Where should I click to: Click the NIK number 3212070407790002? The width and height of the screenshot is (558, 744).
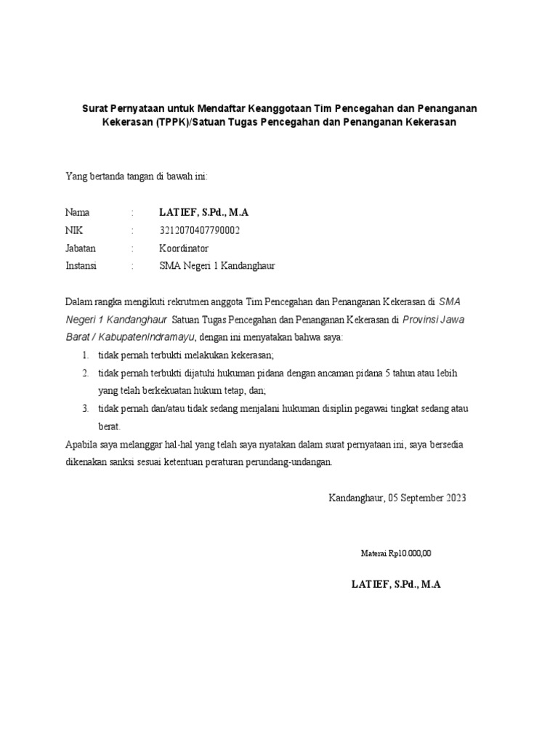(x=199, y=230)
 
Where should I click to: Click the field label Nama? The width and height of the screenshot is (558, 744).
(x=78, y=212)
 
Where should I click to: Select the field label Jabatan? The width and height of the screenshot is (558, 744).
(x=81, y=248)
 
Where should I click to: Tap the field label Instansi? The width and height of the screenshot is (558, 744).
(x=81, y=266)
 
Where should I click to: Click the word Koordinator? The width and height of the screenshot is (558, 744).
(x=184, y=248)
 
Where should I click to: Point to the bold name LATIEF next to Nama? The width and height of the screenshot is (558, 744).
(x=176, y=212)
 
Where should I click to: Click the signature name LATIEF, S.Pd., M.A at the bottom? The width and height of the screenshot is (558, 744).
(x=396, y=584)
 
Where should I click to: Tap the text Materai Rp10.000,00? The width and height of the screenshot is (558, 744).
(x=396, y=553)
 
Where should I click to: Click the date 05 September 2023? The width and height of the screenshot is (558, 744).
(x=427, y=498)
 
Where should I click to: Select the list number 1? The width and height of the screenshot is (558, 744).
(x=85, y=355)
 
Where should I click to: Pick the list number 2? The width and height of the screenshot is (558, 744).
(x=85, y=373)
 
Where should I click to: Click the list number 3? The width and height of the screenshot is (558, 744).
(x=85, y=408)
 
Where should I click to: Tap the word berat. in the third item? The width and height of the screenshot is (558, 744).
(x=109, y=426)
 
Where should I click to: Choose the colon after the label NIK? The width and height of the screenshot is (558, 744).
(x=133, y=230)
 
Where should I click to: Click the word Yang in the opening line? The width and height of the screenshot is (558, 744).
(x=75, y=177)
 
